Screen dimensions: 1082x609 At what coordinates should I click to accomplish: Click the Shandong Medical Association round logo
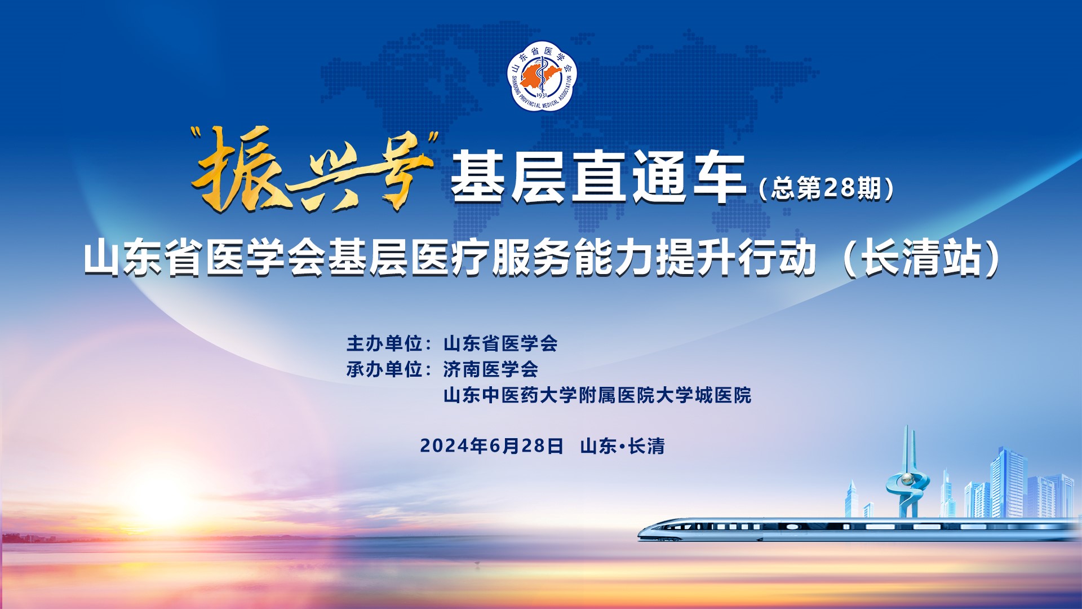(543, 76)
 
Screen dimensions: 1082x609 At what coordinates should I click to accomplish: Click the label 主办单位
(384, 343)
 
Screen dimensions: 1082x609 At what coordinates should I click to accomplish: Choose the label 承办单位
(384, 369)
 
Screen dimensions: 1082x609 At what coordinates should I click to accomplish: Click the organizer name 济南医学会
(490, 369)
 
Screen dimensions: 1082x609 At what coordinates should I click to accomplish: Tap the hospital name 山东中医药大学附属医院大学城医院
(597, 395)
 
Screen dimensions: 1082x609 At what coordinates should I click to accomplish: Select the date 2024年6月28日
(491, 446)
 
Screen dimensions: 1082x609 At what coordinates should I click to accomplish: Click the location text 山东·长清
(623, 446)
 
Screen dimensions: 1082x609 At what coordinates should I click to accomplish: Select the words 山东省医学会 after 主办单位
(500, 343)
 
